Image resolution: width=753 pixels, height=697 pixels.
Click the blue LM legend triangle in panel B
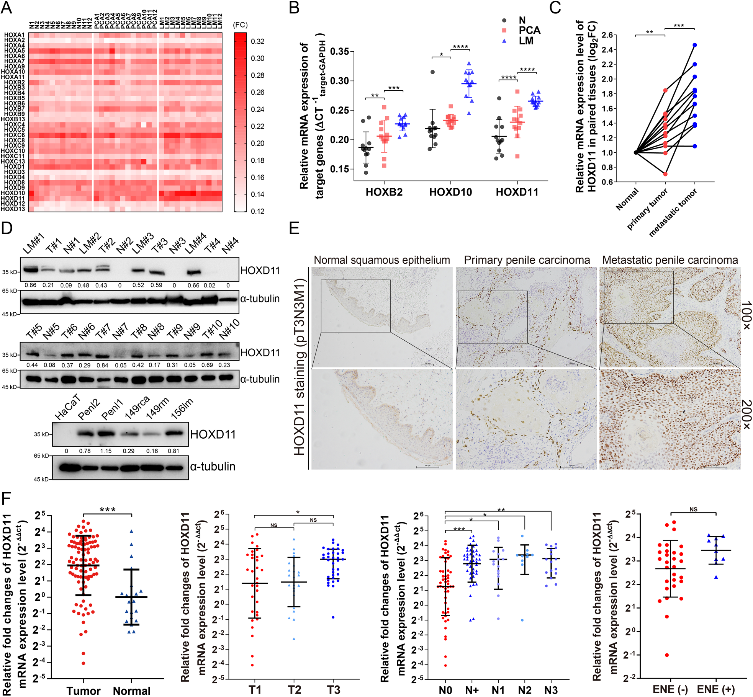[x=504, y=41]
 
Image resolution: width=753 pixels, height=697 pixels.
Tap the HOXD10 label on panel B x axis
[x=450, y=192]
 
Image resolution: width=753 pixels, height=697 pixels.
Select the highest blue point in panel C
[x=694, y=45]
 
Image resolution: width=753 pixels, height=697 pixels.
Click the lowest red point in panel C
[x=665, y=174]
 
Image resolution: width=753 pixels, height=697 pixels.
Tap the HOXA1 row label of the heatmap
[x=14, y=35]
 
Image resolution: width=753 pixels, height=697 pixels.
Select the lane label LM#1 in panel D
[x=34, y=245]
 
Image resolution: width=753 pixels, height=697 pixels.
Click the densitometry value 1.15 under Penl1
[x=106, y=451]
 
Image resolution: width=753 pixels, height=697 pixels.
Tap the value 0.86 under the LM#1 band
[x=31, y=285]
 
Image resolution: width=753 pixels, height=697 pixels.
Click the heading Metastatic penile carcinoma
[x=670, y=260]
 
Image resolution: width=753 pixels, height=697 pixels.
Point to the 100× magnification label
[x=746, y=316]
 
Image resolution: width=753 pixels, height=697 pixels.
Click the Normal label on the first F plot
[x=131, y=690]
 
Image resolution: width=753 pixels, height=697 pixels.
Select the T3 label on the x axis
[x=333, y=689]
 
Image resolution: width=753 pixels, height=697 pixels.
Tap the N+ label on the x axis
[x=471, y=690]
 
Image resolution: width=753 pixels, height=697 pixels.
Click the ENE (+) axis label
[x=715, y=689]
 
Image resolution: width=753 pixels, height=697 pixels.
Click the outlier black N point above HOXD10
[x=432, y=72]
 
